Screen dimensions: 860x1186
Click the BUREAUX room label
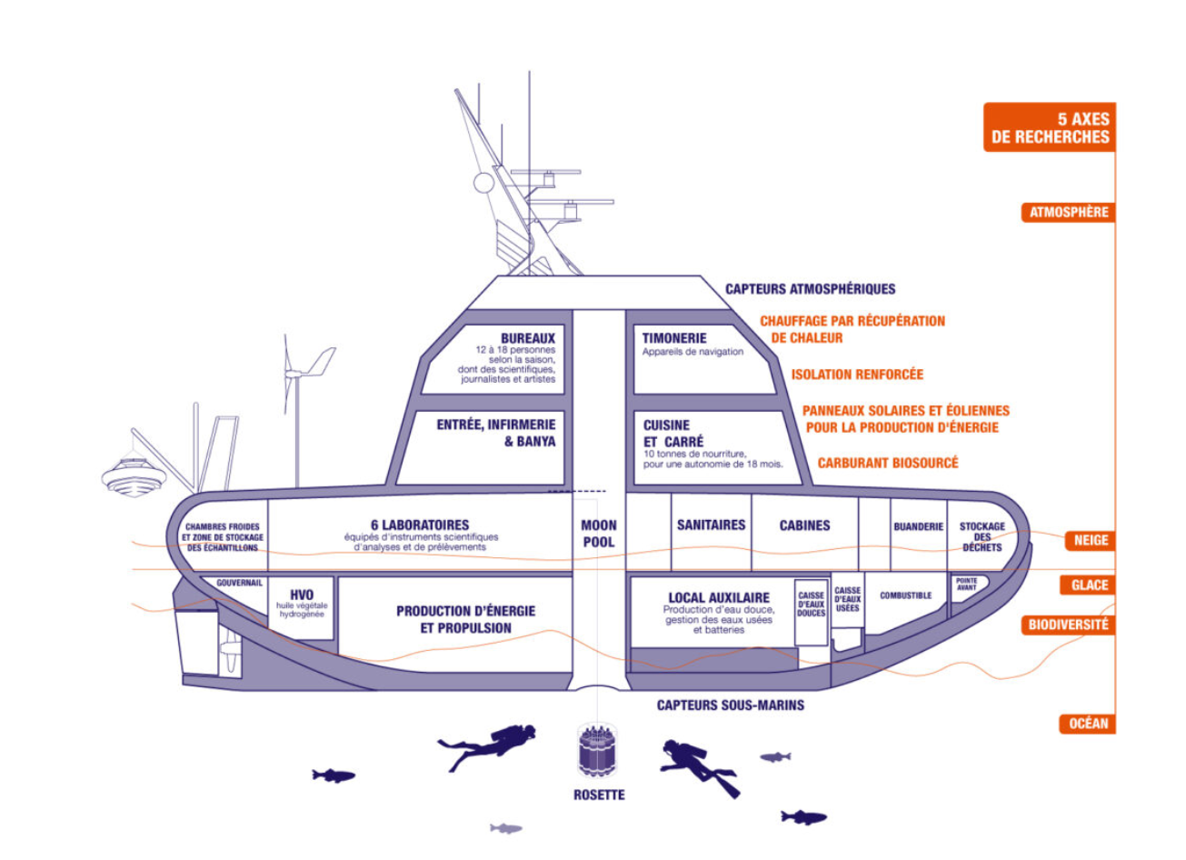coord(527,338)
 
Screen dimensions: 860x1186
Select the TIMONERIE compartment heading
coord(674,337)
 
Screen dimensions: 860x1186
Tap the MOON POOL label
coord(598,534)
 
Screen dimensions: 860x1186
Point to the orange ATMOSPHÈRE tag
coord(1069,213)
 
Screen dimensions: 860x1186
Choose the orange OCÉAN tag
coord(1088,724)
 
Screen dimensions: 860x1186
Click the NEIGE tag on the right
coord(1091,540)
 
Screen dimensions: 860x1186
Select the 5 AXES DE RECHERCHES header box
coord(1050,127)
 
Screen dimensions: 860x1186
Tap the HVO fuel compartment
coord(302,603)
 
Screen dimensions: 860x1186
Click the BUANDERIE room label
coord(918,526)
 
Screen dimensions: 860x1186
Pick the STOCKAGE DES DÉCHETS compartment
coord(982,536)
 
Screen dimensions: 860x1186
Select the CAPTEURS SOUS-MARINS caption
coord(730,705)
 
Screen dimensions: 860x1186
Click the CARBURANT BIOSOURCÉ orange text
coord(887,463)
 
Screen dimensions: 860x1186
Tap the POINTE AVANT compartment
coord(967,585)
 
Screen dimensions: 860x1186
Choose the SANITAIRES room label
coord(711,525)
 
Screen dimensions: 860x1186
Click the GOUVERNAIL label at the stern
coord(239,583)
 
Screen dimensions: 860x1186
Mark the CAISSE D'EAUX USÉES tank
coord(847,600)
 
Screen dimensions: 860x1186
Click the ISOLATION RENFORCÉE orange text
coord(856,374)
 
